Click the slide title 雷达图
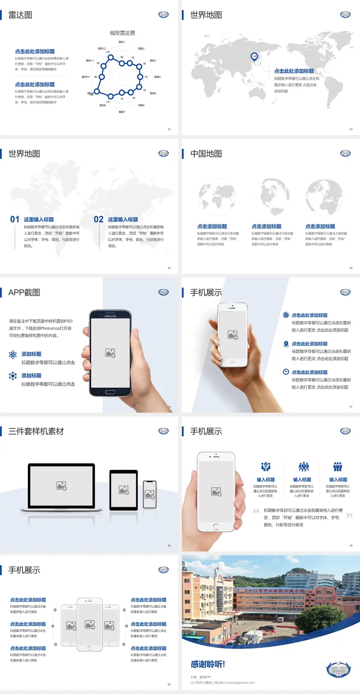(20, 15)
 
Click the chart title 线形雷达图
(122, 33)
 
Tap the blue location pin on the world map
(254, 57)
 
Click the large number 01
(15, 219)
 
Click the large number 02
(99, 219)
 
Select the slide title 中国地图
(206, 154)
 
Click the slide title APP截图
(24, 293)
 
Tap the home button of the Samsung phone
(110, 392)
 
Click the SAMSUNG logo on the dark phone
(110, 316)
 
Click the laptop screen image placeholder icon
(61, 486)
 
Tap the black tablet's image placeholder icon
(124, 490)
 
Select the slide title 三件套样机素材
(36, 431)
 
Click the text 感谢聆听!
(208, 664)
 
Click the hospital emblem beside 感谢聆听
(338, 670)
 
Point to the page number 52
(169, 129)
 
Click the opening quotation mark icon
(256, 510)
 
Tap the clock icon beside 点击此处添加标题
(286, 372)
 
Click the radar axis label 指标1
(122, 42)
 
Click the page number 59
(351, 545)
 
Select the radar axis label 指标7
(122, 112)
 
